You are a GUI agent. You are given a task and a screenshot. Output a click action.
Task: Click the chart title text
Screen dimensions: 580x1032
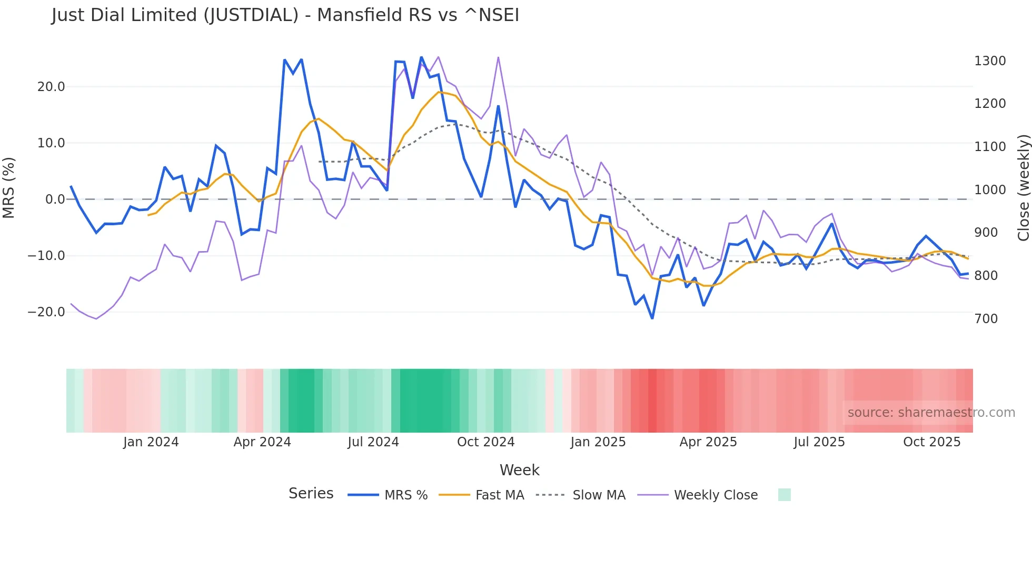pyautogui.click(x=285, y=15)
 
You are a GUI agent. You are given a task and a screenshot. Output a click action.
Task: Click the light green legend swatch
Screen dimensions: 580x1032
pyautogui.click(x=784, y=495)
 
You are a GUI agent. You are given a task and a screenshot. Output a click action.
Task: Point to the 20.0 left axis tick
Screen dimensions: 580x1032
pyautogui.click(x=51, y=87)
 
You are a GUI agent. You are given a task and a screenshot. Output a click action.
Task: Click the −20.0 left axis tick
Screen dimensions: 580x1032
pyautogui.click(x=46, y=312)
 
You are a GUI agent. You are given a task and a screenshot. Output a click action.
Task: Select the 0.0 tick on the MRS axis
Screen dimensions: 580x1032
pyautogui.click(x=55, y=199)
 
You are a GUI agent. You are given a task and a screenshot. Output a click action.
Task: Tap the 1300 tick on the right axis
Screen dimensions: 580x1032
pyautogui.click(x=990, y=61)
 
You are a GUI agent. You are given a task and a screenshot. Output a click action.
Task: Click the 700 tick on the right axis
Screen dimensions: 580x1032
pyautogui.click(x=986, y=319)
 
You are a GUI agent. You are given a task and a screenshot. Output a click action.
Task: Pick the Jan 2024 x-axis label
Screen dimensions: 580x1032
pyautogui.click(x=151, y=442)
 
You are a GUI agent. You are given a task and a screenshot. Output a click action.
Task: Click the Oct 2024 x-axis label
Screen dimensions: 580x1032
pyautogui.click(x=485, y=442)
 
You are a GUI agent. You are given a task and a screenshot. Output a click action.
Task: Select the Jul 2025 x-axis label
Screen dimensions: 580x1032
pyautogui.click(x=819, y=442)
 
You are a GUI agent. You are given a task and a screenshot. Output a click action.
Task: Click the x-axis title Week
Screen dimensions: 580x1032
pyautogui.click(x=519, y=470)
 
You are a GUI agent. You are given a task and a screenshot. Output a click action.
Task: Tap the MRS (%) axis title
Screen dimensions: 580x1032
pyautogui.click(x=9, y=188)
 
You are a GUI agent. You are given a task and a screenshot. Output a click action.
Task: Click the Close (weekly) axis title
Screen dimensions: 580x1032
pyautogui.click(x=1023, y=188)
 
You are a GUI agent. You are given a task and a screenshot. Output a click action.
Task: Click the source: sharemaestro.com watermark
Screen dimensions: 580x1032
pyautogui.click(x=931, y=413)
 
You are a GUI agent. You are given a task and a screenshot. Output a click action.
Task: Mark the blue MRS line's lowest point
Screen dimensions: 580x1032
pyautogui.click(x=652, y=318)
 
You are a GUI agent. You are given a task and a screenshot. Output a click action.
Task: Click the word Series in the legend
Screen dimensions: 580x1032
pyautogui.click(x=311, y=494)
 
